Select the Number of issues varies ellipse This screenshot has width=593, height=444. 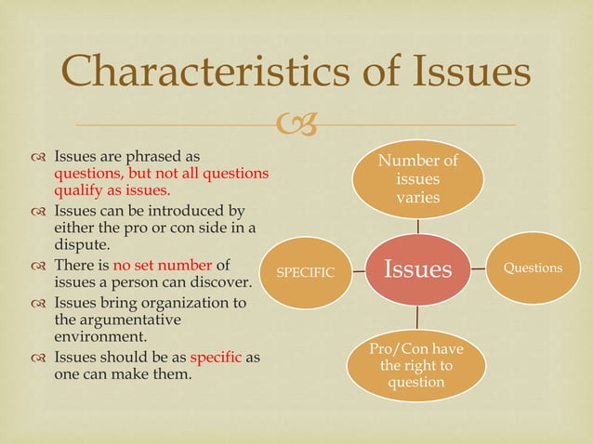417,176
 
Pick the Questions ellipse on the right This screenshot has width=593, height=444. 533,268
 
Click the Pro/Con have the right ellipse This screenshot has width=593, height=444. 417,366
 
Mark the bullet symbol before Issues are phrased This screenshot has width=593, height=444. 38,155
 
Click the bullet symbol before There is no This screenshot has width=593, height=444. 38,266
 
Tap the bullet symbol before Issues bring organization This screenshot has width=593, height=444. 38,303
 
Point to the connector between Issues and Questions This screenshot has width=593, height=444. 478,268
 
